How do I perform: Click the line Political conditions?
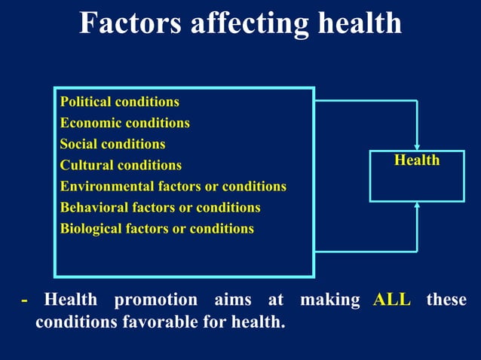tap(119, 101)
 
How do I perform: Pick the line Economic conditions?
tap(124, 122)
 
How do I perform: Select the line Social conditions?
tap(112, 143)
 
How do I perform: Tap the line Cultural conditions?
tap(121, 164)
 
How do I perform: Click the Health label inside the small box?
tap(417, 160)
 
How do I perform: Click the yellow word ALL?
tap(392, 299)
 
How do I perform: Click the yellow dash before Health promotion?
tap(25, 300)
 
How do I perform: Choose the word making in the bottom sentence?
tap(330, 299)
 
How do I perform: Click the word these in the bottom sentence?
tap(446, 299)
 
